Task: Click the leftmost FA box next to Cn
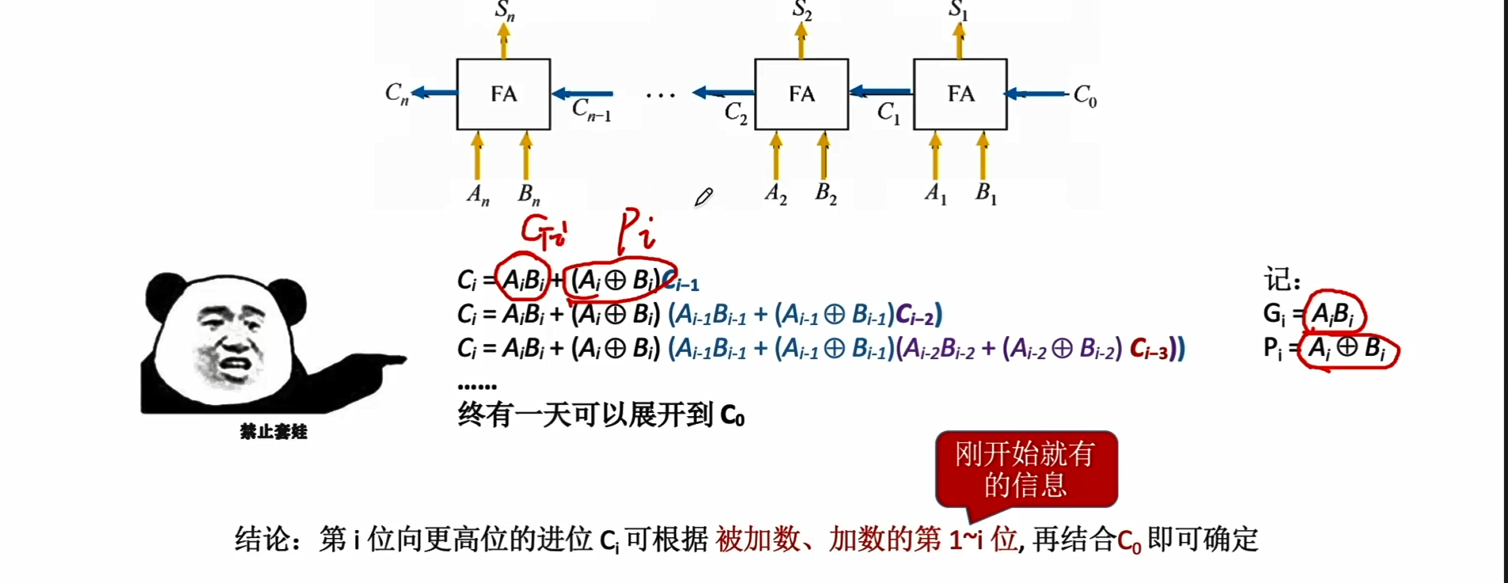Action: (x=503, y=94)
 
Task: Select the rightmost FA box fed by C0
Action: (x=960, y=94)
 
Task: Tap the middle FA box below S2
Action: (x=801, y=94)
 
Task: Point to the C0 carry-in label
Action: (x=1085, y=95)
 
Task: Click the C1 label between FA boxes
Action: (x=889, y=113)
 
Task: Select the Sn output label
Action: (x=505, y=11)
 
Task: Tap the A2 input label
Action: (x=775, y=193)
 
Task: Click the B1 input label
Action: (x=986, y=193)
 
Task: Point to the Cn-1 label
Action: (x=591, y=109)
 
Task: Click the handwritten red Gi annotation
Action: (x=544, y=231)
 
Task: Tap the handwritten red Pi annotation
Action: (x=636, y=229)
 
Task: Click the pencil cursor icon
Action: (x=703, y=197)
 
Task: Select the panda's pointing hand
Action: (x=380, y=364)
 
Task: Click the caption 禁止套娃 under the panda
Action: (x=273, y=431)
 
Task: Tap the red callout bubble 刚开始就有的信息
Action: (x=1026, y=469)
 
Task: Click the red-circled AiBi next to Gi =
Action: (x=1333, y=314)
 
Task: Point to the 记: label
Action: (x=1282, y=279)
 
